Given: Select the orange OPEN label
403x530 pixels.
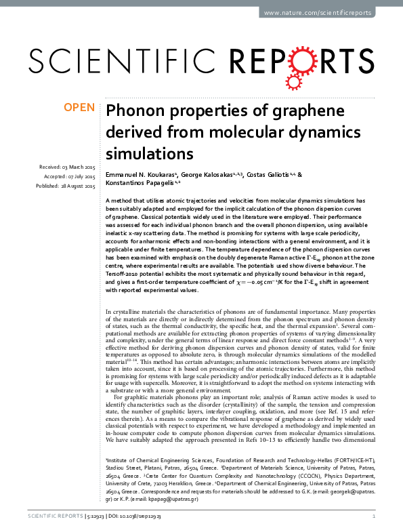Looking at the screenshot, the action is (x=79, y=108).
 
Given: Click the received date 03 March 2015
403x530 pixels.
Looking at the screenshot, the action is (x=79, y=167).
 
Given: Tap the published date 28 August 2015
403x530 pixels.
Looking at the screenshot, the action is (x=79, y=185).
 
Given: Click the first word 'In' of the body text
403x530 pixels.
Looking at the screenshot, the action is (x=110, y=311).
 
